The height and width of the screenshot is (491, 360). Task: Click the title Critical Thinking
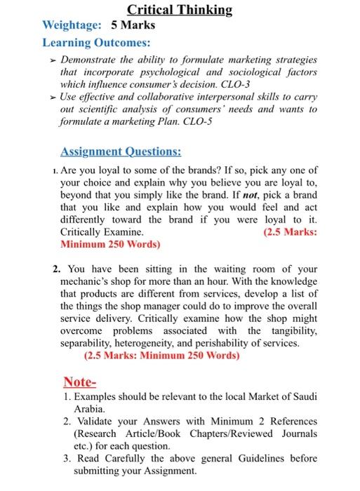180,9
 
